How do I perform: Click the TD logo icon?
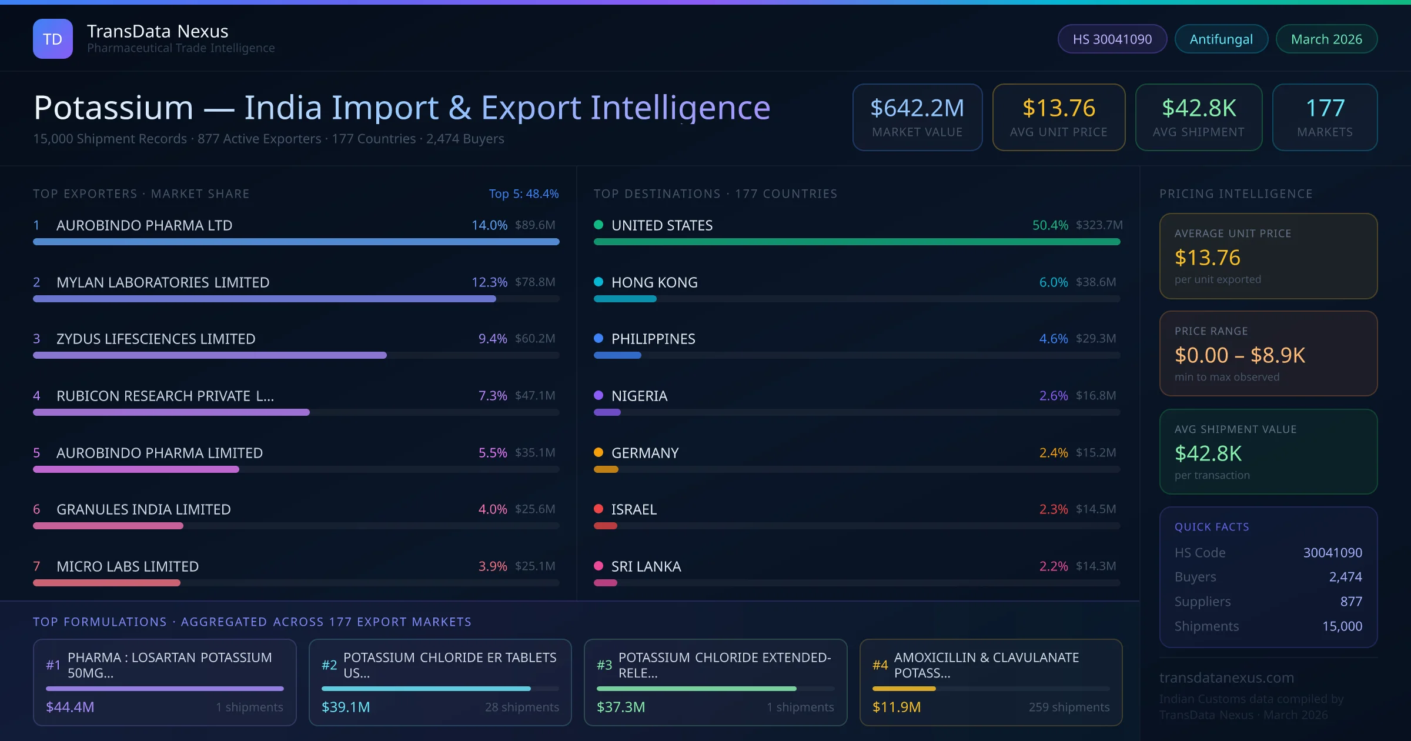(52, 39)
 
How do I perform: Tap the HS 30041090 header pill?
(1112, 39)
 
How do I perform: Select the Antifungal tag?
(1221, 39)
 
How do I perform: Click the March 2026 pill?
(1326, 39)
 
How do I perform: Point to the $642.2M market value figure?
(917, 108)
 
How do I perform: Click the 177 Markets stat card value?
(1325, 108)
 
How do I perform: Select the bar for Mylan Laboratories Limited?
(265, 299)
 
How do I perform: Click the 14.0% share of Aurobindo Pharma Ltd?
(489, 225)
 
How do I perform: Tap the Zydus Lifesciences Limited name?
(156, 339)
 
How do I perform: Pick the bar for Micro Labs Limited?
(106, 583)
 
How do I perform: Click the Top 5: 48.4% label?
(523, 193)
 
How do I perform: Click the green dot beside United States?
(598, 225)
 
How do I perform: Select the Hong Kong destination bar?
(624, 299)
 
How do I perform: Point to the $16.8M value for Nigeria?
(1095, 395)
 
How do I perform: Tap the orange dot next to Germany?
(598, 452)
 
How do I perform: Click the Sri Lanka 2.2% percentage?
(1053, 566)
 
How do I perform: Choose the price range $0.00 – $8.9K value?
(1239, 355)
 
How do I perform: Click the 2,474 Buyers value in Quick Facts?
(1345, 577)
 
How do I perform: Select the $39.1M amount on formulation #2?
(346, 707)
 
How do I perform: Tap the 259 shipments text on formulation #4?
(1069, 707)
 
